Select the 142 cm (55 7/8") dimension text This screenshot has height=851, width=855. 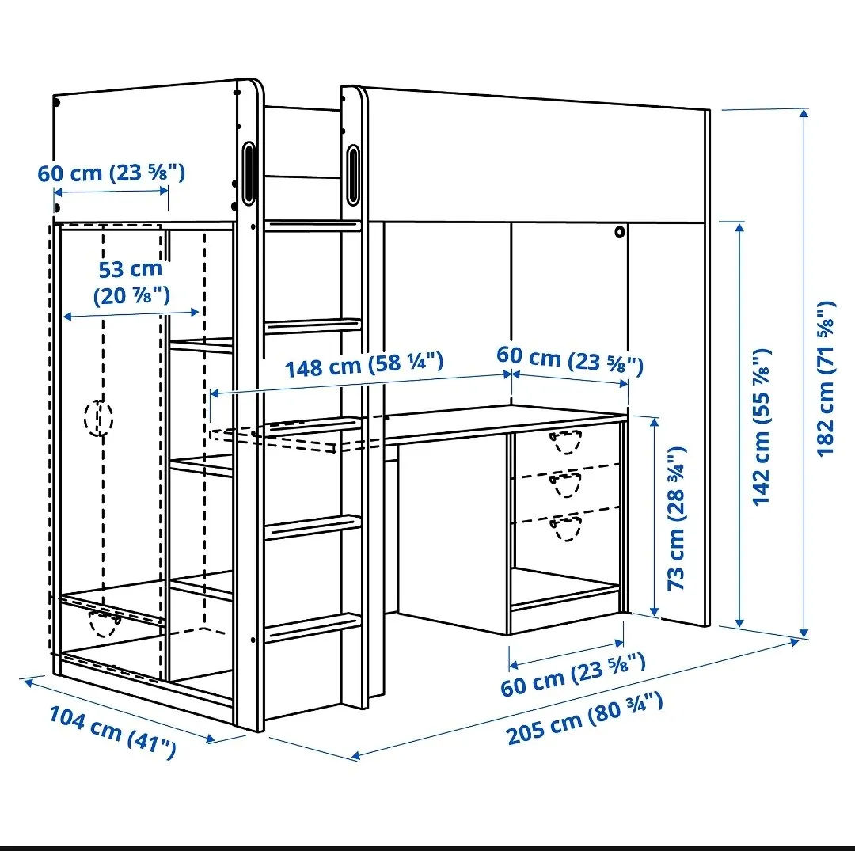[x=762, y=427]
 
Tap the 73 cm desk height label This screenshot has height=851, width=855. [x=676, y=519]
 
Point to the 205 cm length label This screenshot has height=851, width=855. [x=584, y=719]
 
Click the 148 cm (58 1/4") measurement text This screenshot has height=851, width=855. [x=364, y=364]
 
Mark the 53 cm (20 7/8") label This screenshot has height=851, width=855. [x=131, y=283]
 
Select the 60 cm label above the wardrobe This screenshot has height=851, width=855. [x=112, y=173]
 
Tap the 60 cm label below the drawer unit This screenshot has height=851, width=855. [x=573, y=675]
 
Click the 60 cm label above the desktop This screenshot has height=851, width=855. [x=570, y=360]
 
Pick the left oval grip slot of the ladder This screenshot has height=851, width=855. [x=249, y=173]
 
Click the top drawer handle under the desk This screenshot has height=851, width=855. [x=566, y=441]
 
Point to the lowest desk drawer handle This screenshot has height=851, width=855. [x=566, y=529]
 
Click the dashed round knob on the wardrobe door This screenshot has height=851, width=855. [x=99, y=418]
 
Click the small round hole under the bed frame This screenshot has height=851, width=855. [x=619, y=232]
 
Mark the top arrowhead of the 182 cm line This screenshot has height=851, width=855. [x=804, y=113]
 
